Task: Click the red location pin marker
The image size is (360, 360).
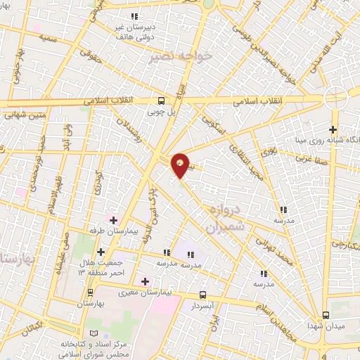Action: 181,165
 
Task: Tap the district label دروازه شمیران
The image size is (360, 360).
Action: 225,219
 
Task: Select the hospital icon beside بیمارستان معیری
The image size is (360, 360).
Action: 145,281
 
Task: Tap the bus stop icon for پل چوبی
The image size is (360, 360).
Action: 162,100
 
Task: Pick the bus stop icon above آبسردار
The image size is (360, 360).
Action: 202,295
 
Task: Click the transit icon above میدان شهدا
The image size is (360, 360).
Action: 325,315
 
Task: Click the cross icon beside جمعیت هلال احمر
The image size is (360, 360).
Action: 101,252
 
